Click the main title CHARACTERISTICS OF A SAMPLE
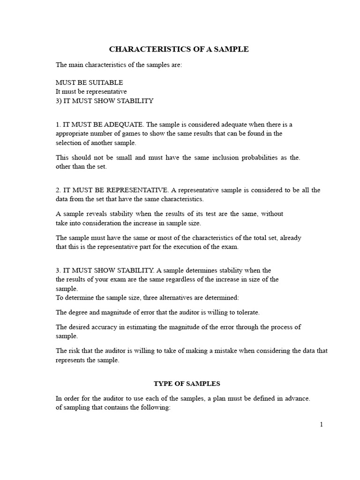pos(179,49)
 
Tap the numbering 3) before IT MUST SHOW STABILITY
pos(60,101)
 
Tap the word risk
pos(75,351)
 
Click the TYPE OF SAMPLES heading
pos(187,383)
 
